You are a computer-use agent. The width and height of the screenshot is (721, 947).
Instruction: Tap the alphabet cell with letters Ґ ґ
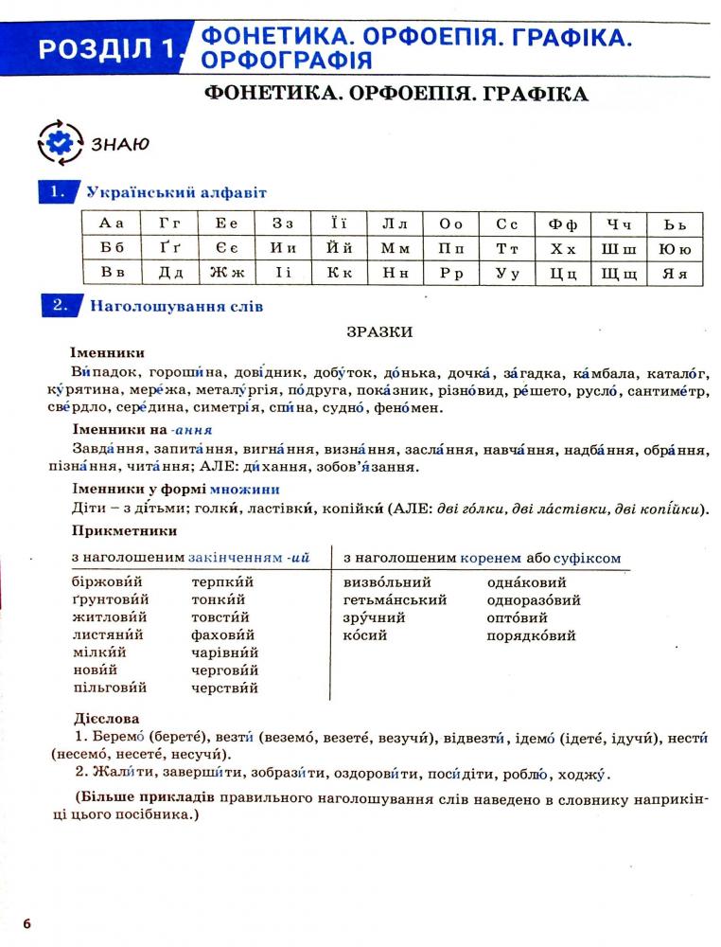click(x=168, y=249)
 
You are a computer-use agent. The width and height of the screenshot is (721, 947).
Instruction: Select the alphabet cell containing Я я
click(x=674, y=274)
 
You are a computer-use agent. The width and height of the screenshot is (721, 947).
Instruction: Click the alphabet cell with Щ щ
click(x=619, y=274)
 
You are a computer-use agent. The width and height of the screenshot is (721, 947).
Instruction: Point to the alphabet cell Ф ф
click(x=563, y=224)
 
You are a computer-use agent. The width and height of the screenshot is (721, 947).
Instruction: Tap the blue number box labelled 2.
click(x=59, y=306)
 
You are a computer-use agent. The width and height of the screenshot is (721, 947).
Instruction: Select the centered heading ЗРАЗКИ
click(x=378, y=331)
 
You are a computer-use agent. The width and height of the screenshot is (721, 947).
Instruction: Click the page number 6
click(x=27, y=923)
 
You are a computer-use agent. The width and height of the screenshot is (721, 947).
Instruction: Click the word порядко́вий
click(x=531, y=635)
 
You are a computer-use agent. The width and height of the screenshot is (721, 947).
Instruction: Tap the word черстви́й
click(x=224, y=688)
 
